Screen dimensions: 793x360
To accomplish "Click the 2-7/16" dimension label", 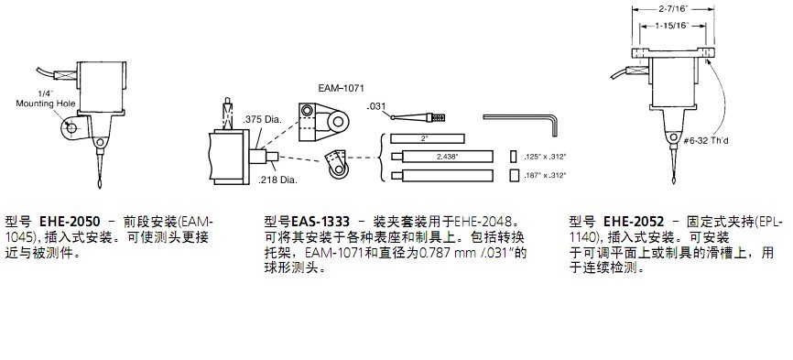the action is [673, 8].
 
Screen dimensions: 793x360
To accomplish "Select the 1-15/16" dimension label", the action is [673, 26].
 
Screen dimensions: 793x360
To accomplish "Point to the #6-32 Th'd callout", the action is [705, 141].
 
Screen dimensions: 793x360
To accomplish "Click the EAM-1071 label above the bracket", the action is [342, 88].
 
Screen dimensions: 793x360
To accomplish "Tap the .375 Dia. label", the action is [263, 120].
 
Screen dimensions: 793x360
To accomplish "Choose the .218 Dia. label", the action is [277, 180].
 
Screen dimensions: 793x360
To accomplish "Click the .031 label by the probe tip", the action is [375, 106].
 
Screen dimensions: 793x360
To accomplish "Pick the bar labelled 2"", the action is [428, 138].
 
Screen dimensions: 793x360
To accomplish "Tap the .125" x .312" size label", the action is [546, 158].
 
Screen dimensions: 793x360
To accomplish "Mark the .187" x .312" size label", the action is [546, 176].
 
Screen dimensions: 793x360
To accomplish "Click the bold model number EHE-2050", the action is [70, 222].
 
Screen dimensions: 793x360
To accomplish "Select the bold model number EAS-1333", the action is [320, 222].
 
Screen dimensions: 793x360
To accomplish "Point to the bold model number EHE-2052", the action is [634, 222].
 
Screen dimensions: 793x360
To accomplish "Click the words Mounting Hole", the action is [46, 104].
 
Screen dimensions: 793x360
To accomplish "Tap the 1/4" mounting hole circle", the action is [71, 128].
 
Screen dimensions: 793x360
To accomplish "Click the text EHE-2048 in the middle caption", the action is [481, 222].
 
